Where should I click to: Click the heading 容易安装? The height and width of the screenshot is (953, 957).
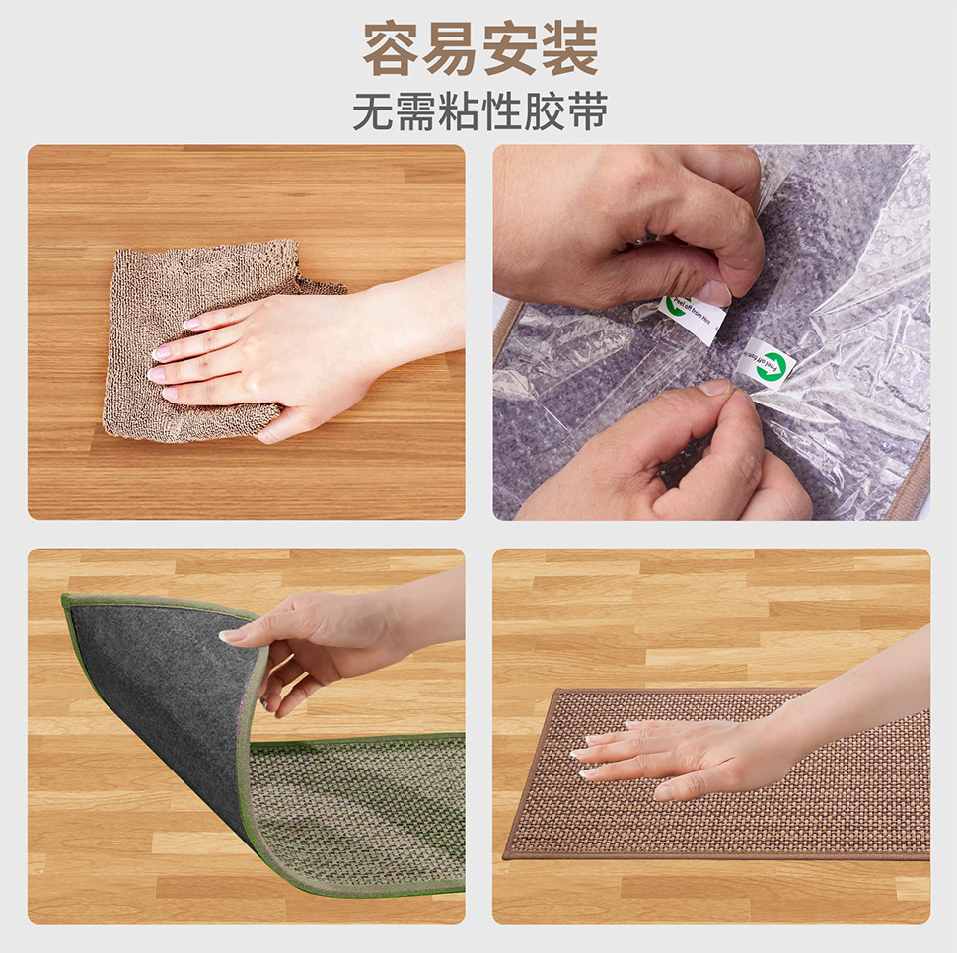tap(479, 48)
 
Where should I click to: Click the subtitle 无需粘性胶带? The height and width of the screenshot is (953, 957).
tap(479, 112)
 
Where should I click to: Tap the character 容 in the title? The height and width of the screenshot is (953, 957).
tap(392, 48)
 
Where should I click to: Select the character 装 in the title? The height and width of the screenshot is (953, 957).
tap(569, 48)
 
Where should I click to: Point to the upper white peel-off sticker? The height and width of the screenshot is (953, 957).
tap(695, 317)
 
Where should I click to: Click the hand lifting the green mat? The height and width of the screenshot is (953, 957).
tap(306, 641)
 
